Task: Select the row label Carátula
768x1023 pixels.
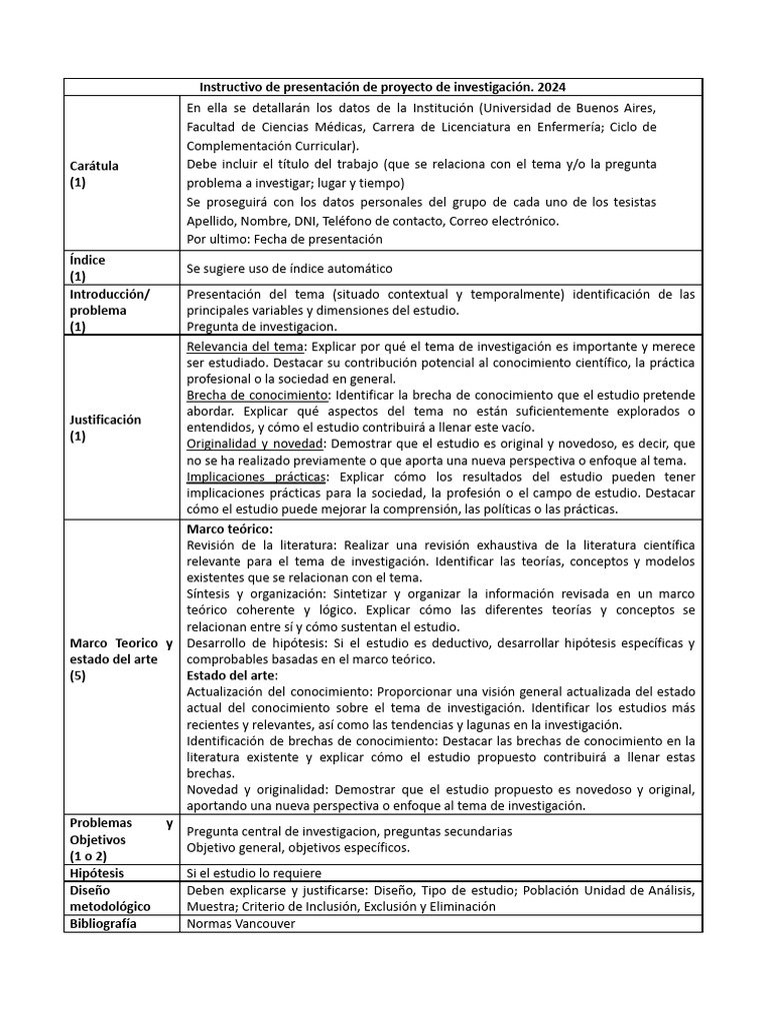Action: (94, 166)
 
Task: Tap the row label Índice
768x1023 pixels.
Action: (87, 260)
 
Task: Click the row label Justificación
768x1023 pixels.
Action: (105, 420)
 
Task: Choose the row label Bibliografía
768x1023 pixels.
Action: (103, 923)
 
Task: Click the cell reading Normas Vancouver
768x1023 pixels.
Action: (241, 924)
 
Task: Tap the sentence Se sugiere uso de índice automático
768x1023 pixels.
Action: (290, 269)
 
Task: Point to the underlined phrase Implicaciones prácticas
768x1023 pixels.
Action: (256, 477)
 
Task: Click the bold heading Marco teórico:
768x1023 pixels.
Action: (230, 527)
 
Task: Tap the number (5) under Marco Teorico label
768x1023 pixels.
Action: (79, 675)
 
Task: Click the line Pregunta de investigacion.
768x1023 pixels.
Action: (262, 326)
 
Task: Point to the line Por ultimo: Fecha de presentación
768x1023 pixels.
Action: (285, 239)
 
